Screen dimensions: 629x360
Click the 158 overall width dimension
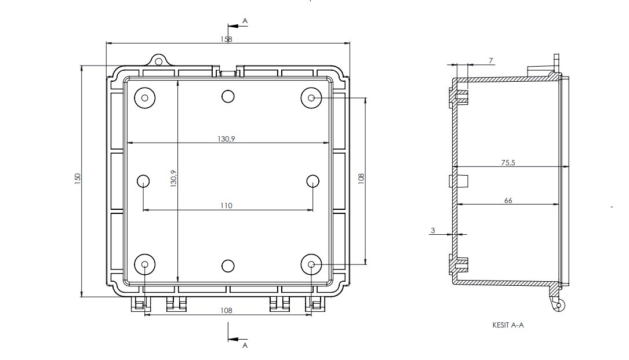coord(226,39)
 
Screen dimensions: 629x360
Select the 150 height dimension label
coord(78,179)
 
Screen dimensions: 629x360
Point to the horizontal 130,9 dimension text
coord(226,139)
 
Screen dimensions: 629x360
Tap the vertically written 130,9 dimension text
coord(174,178)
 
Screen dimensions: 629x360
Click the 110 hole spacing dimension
coord(226,205)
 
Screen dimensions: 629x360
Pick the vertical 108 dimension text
coord(361,179)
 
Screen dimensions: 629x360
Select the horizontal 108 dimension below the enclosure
coord(226,310)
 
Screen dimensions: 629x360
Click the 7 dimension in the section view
coord(490,61)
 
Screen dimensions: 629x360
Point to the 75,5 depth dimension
coord(508,162)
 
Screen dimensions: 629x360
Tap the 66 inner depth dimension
coord(508,200)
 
